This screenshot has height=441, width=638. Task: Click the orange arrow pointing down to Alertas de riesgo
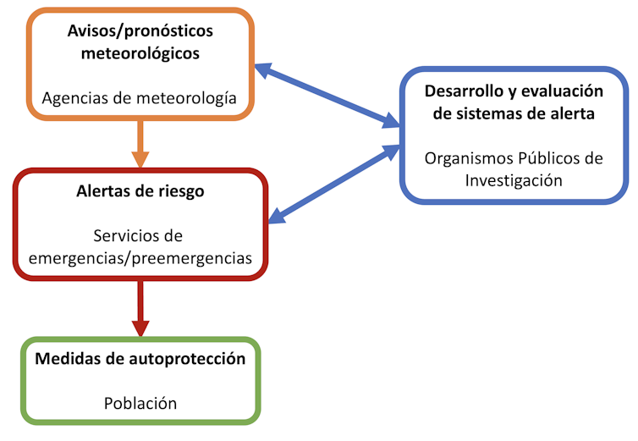tap(140, 145)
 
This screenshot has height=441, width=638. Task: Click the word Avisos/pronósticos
tap(140, 31)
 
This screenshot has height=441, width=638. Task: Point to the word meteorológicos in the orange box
tap(140, 53)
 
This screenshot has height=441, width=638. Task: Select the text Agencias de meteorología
tap(140, 98)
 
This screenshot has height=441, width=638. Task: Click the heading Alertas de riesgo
tap(140, 190)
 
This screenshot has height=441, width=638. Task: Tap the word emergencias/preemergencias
tap(140, 258)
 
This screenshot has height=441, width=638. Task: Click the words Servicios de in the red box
tap(140, 235)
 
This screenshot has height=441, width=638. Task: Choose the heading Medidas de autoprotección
tap(140, 358)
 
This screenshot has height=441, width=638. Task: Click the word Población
tap(140, 403)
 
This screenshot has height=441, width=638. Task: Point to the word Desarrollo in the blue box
tap(465, 91)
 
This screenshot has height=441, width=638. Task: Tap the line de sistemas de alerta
tap(515, 114)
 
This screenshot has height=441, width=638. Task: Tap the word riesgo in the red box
tap(179, 190)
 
